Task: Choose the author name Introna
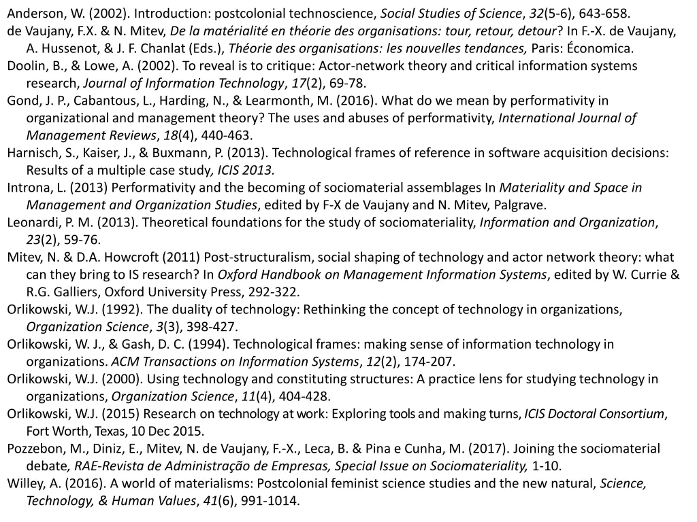(x=29, y=188)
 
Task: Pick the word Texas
(x=109, y=431)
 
